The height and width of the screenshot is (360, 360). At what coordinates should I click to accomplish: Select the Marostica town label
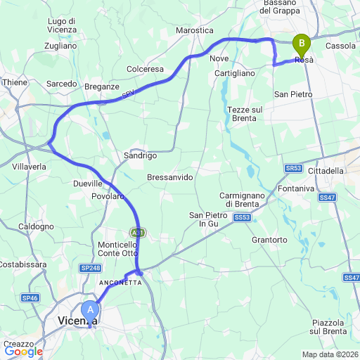(193, 31)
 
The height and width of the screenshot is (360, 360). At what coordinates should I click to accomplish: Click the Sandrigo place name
(140, 155)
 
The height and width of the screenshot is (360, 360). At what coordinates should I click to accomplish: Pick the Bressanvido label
(169, 178)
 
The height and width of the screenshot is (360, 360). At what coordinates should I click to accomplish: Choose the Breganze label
(102, 86)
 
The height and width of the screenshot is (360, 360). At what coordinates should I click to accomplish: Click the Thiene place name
(15, 82)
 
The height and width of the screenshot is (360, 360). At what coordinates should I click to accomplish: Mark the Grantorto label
(269, 240)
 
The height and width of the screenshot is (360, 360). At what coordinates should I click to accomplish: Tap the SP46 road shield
(30, 298)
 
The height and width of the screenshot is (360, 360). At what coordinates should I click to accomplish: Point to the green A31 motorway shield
(138, 232)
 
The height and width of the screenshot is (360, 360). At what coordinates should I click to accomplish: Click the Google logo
(23, 351)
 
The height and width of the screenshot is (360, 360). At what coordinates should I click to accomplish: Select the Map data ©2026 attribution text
(330, 354)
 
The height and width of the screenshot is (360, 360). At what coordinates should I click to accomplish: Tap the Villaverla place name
(30, 167)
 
